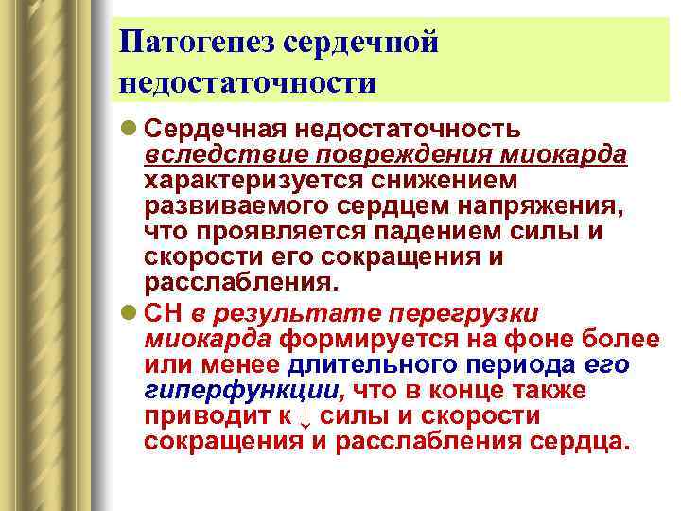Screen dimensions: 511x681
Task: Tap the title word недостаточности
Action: (x=249, y=82)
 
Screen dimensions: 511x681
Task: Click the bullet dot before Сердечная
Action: (x=129, y=129)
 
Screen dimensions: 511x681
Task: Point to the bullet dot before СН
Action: (x=129, y=314)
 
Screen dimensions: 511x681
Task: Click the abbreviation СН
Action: (x=163, y=314)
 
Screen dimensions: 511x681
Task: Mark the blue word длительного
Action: (x=360, y=365)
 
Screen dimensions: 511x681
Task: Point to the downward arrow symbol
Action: (x=304, y=417)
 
